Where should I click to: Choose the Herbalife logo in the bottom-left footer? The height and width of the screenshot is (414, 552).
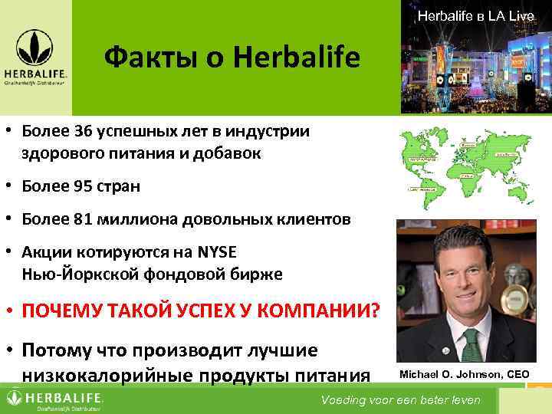pyautogui.click(x=54, y=399)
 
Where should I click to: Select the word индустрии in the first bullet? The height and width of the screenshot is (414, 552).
pyautogui.click(x=273, y=130)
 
